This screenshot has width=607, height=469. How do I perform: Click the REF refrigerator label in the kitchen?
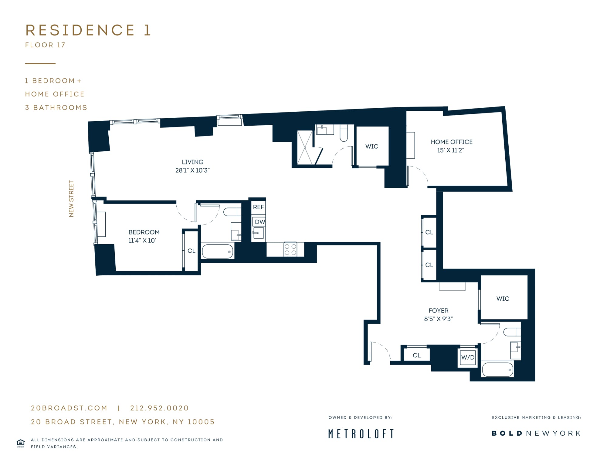pos(258,207)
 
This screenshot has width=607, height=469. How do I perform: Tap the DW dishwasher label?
pos(260,222)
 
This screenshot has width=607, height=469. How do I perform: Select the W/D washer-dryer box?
pos(468,357)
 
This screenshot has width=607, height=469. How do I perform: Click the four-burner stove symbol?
pos(290,249)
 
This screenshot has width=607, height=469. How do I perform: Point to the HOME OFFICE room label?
pos(452,142)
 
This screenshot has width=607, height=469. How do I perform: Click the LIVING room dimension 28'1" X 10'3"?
pos(192,170)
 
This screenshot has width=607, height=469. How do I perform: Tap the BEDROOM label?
pos(144,232)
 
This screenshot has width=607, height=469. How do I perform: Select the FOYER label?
pos(439,311)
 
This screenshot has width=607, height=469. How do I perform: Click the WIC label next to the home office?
pos(372,147)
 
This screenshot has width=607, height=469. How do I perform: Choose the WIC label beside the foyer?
pos(503,299)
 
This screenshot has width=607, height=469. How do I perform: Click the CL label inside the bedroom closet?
pos(191,251)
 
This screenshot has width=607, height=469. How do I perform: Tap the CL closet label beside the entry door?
pos(417,355)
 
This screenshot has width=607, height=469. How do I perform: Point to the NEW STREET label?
pos(71,199)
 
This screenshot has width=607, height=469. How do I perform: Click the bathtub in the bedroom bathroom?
pos(218,251)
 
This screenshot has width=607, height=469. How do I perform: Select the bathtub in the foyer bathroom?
pos(498,369)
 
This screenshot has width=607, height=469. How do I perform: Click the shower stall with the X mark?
pos(305,148)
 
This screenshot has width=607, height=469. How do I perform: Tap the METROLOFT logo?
pos(361,434)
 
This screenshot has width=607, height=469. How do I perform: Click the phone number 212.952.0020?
pos(160,408)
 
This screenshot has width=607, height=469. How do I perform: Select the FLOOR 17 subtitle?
pos(45,45)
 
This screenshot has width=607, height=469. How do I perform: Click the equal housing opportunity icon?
pos(21,443)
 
